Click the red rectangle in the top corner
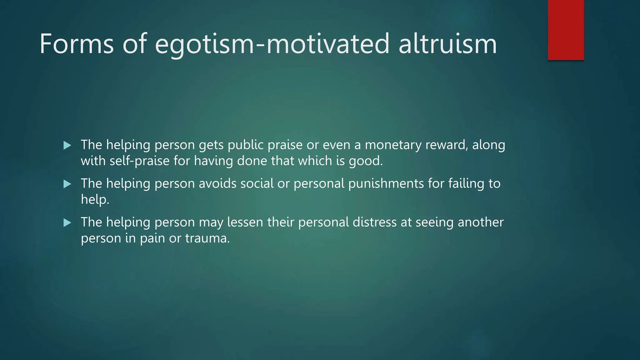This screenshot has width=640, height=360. click(566, 30)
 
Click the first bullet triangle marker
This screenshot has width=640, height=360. click(67, 145)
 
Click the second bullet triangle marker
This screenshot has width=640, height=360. click(67, 184)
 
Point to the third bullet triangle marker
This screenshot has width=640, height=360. click(67, 223)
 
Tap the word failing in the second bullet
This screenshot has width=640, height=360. click(466, 184)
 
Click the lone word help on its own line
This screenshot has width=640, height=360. click(94, 200)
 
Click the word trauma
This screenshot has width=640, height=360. click(207, 238)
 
